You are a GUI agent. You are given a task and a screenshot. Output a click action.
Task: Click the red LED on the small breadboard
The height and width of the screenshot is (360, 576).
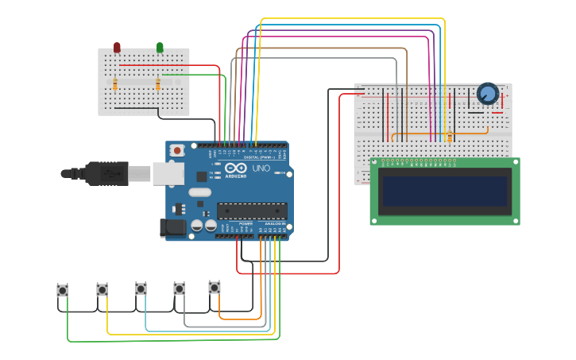[x=117, y=48]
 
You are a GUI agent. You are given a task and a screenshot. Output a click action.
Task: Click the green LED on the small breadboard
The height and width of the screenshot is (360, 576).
[x=160, y=48]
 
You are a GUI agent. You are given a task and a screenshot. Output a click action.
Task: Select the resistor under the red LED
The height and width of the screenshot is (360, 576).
[x=115, y=84]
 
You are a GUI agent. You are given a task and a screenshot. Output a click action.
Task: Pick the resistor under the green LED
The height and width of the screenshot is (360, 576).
[x=158, y=84]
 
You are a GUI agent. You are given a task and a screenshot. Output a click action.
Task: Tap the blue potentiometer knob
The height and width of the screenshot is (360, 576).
[x=487, y=95]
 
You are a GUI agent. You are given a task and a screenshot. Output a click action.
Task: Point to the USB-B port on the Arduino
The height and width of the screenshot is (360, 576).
[x=168, y=173]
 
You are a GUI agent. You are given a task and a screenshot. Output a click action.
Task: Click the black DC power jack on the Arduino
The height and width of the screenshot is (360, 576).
[x=173, y=228]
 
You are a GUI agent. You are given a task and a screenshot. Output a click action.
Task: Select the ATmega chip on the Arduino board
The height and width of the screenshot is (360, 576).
[x=252, y=211]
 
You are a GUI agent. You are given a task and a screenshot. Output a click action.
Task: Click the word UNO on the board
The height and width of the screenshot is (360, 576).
[x=261, y=169]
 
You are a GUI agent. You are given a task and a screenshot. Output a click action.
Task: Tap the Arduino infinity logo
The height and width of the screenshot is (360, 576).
[x=236, y=168]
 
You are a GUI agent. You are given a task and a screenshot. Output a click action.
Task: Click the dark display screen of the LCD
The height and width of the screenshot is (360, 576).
[x=444, y=191]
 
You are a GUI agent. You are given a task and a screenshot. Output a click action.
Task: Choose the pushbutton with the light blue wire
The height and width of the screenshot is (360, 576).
[x=141, y=288]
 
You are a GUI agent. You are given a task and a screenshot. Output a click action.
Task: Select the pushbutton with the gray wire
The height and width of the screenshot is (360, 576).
[x=180, y=288]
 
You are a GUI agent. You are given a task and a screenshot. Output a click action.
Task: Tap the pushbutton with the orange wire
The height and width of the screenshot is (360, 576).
[x=215, y=287]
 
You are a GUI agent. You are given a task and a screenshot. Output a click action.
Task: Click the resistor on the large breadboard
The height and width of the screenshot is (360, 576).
[x=449, y=137]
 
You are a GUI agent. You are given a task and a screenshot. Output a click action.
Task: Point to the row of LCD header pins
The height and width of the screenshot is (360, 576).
[x=413, y=161]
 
